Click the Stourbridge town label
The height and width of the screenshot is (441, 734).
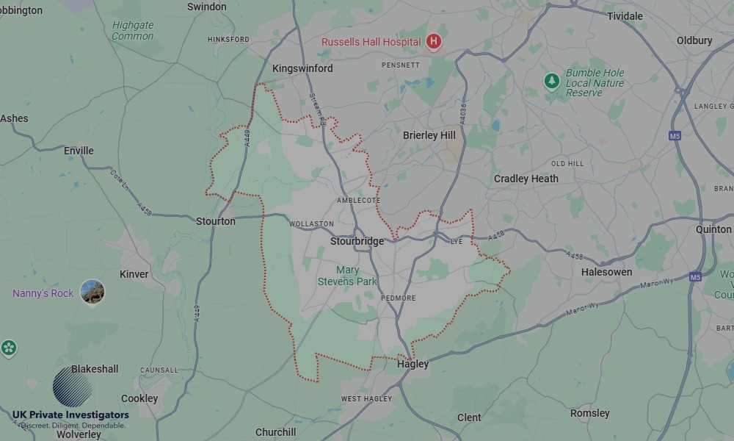tap(357, 241)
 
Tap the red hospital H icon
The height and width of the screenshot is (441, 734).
tap(434, 42)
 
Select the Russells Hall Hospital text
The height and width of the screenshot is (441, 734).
tap(371, 42)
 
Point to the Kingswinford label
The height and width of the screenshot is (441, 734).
tap(302, 68)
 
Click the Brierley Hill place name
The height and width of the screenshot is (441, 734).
tap(429, 135)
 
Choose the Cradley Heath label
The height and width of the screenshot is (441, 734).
tap(526, 179)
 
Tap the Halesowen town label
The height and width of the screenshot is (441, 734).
tap(606, 272)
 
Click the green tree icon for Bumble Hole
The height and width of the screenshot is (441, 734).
tap(552, 82)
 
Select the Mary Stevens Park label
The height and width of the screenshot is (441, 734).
tap(347, 276)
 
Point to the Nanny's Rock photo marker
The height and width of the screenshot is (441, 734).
tap(92, 293)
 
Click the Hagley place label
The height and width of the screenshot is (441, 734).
tap(413, 364)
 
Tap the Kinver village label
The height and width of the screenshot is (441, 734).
tap(134, 274)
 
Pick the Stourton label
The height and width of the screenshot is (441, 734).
tap(216, 220)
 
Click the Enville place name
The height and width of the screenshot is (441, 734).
tap(79, 151)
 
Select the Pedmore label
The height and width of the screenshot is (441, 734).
tap(398, 298)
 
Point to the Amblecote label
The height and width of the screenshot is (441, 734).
tap(358, 200)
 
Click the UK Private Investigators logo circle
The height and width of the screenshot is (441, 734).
tap(72, 387)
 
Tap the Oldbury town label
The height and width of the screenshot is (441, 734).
tap(694, 40)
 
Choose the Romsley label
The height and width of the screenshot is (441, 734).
tap(589, 413)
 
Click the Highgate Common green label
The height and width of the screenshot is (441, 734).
tap(133, 30)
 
